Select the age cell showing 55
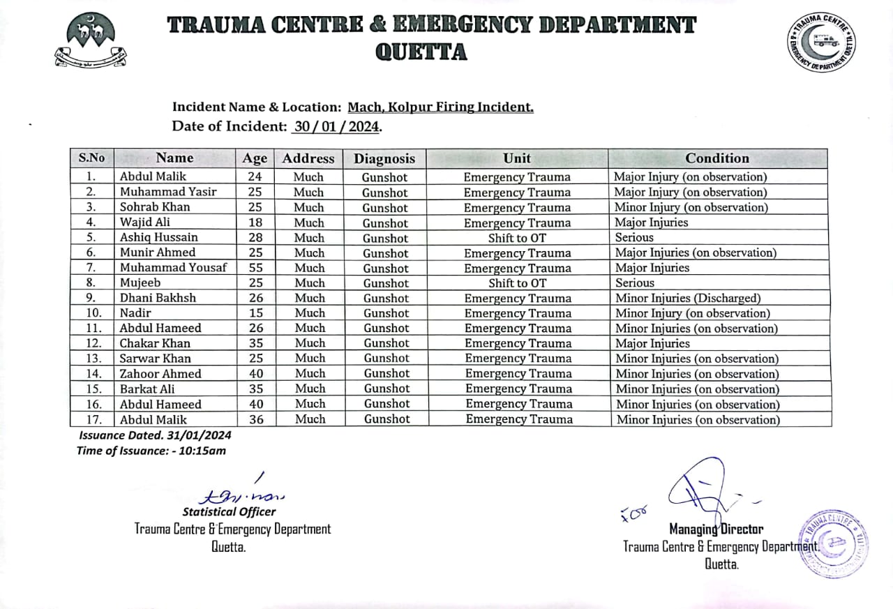click(255, 268)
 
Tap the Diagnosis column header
click(384, 158)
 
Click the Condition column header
click(716, 158)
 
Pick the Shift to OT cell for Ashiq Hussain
click(517, 238)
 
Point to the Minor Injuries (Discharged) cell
click(688, 298)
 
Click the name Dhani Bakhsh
click(158, 298)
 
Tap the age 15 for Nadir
click(255, 313)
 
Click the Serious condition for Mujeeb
click(635, 283)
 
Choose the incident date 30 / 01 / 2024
click(336, 127)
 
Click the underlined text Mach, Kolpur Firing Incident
click(440, 107)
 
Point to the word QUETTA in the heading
click(421, 52)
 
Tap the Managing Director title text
click(716, 529)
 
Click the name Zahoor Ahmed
click(160, 374)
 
